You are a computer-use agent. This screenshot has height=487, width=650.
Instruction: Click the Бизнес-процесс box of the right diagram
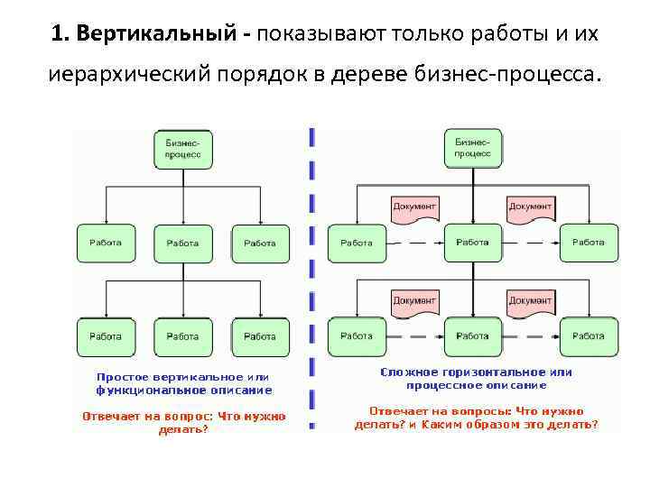(472, 148)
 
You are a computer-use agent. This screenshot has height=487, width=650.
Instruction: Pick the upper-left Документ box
(414, 207)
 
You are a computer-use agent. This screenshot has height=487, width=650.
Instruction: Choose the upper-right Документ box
(530, 207)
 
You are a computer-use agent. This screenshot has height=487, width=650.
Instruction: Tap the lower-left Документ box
(414, 301)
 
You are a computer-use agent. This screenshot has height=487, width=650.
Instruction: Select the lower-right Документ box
(530, 301)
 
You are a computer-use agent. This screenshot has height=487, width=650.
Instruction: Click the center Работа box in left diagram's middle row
(182, 243)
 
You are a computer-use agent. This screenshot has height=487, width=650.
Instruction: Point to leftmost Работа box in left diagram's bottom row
(106, 336)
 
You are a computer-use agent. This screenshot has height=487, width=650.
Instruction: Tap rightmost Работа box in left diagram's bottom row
(260, 336)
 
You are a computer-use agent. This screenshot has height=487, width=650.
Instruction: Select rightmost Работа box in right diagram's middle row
(589, 243)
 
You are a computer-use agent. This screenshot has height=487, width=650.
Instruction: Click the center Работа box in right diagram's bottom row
(472, 336)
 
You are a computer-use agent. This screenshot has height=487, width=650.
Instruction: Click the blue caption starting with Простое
(183, 383)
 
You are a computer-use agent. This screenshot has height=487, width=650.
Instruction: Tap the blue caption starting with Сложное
(476, 378)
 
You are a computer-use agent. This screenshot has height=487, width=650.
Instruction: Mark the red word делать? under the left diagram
(183, 430)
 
